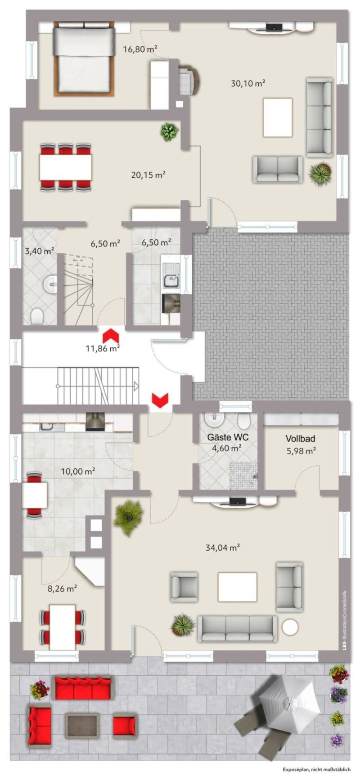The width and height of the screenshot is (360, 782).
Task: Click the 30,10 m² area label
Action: click(x=248, y=83)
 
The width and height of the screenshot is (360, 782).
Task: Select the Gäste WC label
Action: click(x=228, y=437)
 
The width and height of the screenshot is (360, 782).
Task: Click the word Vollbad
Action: click(x=300, y=438)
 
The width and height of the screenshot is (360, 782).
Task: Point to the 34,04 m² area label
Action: click(x=223, y=548)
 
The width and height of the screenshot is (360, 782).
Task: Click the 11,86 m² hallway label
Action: click(x=103, y=348)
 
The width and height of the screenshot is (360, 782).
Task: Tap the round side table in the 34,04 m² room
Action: click(x=290, y=627)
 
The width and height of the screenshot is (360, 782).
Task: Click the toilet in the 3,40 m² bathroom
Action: click(x=37, y=316)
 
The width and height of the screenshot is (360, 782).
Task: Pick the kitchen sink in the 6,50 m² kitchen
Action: click(x=171, y=276)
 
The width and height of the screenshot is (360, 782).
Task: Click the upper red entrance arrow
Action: click(x=111, y=336)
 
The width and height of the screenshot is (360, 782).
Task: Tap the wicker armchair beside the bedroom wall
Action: click(x=189, y=80)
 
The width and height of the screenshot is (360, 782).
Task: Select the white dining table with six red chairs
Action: click(x=66, y=167)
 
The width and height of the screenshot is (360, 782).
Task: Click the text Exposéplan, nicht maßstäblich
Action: click(x=316, y=770)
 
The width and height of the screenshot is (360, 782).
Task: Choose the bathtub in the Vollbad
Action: click(x=301, y=419)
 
